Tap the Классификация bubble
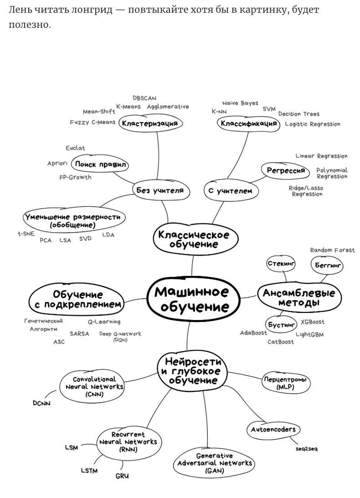pyautogui.click(x=248, y=123)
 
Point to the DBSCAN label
pyautogui.click(x=144, y=98)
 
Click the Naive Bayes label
pyautogui.click(x=240, y=104)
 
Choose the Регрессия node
pyautogui.click(x=286, y=170)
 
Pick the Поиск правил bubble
pyautogui.click(x=101, y=164)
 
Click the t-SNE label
pyautogui.click(x=26, y=234)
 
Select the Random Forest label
pyautogui.click(x=332, y=250)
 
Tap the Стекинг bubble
pyautogui.click(x=281, y=264)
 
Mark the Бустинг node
pyautogui.click(x=282, y=325)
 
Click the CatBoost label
pyautogui.click(x=281, y=342)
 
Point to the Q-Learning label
pyautogui.click(x=104, y=322)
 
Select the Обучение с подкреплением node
pyautogui.click(x=77, y=299)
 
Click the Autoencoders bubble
pyautogui.click(x=273, y=429)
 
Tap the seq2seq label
pyautogui.click(x=307, y=449)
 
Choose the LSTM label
pyautogui.click(x=89, y=471)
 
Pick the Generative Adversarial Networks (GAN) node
pyautogui.click(x=214, y=463)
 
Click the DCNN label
pyautogui.click(x=41, y=404)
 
